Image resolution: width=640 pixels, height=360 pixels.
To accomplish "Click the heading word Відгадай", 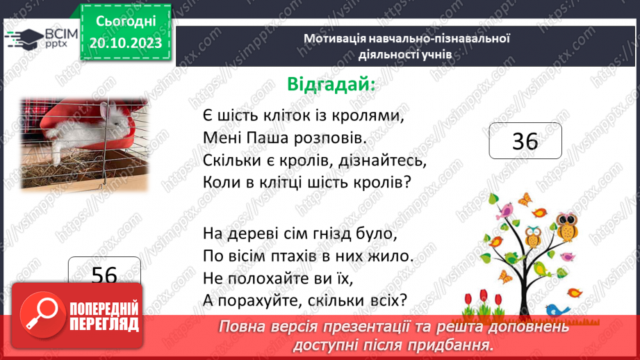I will coord(330,84).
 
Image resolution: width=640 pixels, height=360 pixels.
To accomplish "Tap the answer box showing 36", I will coord(525,142).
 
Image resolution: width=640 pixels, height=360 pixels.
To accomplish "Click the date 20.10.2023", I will coord(126,43).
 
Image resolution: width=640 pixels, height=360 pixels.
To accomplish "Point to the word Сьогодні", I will coord(126,22).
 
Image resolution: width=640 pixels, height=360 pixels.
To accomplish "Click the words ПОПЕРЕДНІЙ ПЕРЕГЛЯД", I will coord(104,316).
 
